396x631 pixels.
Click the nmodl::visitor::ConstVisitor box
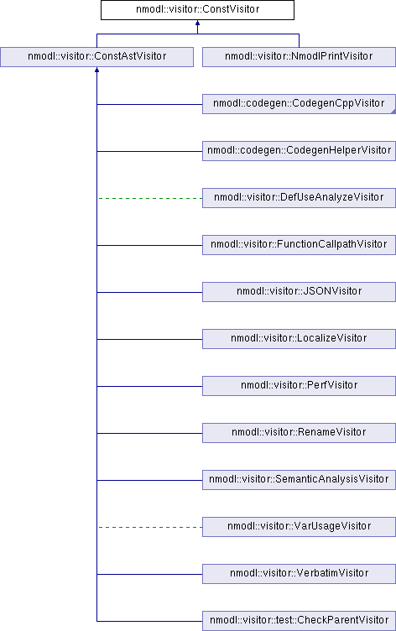pyautogui.click(x=197, y=10)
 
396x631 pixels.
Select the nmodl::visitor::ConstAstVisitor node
pyautogui.click(x=97, y=57)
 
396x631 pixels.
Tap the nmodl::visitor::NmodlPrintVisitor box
pyautogui.click(x=299, y=57)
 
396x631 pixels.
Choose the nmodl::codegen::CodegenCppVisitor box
pyautogui.click(x=299, y=104)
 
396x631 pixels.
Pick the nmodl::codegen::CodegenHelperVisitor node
pyautogui.click(x=299, y=151)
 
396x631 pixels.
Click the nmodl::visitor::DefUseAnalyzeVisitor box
pyautogui.click(x=299, y=197)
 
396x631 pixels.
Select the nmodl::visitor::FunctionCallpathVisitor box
pyautogui.click(x=299, y=245)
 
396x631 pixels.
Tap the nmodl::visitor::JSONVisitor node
pyautogui.click(x=299, y=292)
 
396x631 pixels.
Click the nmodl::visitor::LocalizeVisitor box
pyautogui.click(x=299, y=339)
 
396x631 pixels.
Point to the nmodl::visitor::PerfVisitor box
pyautogui.click(x=299, y=385)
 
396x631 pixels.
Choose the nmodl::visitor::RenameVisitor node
pyautogui.click(x=299, y=433)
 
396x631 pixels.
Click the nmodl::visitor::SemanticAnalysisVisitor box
pyautogui.click(x=299, y=480)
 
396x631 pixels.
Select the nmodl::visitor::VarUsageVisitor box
pyautogui.click(x=299, y=527)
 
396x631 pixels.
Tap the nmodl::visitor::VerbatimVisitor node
pyautogui.click(x=299, y=573)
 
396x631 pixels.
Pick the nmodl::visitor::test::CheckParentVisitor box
pyautogui.click(x=299, y=621)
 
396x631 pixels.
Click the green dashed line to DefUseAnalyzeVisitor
pyautogui.click(x=150, y=198)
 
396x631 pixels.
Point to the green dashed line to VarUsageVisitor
pyautogui.click(x=150, y=527)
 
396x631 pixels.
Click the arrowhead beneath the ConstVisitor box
pyautogui.click(x=197, y=23)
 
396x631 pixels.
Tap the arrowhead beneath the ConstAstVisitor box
pyautogui.click(x=97, y=70)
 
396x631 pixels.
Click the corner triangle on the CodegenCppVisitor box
pyautogui.click(x=394, y=112)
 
